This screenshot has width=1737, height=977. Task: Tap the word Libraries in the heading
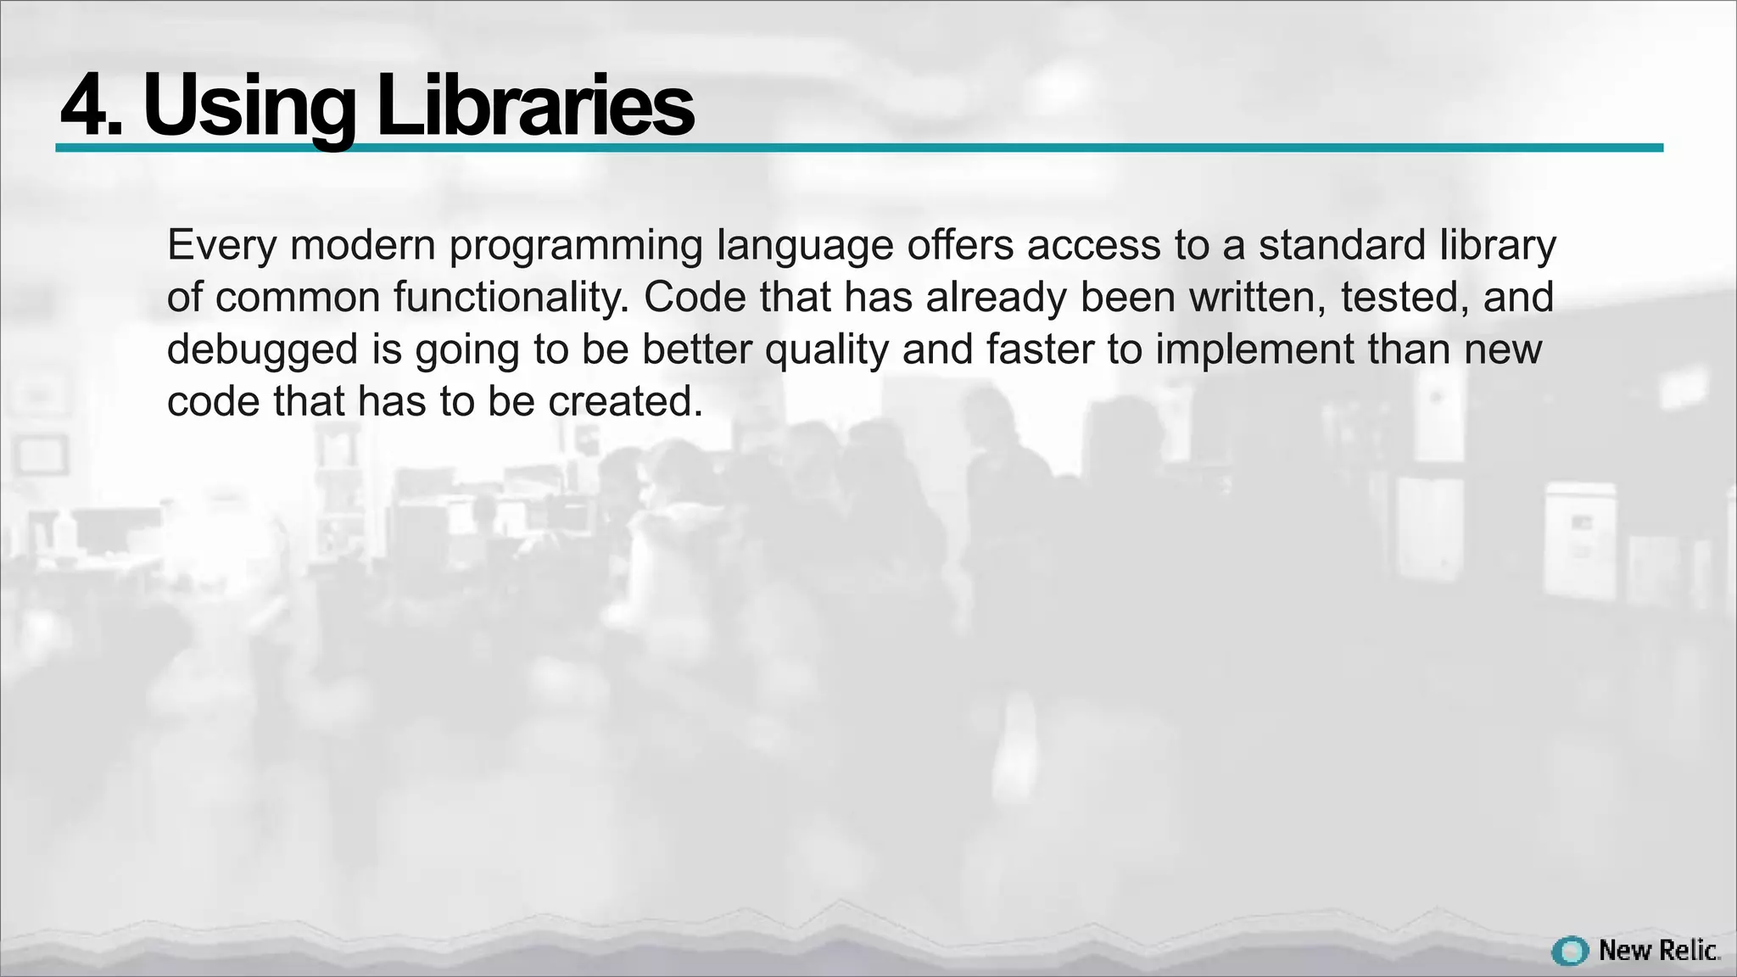[534, 105]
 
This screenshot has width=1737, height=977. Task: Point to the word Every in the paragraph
[221, 246]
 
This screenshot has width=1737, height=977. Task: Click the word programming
[576, 246]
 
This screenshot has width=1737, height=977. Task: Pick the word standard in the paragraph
[1342, 245]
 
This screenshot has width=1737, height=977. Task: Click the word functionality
[511, 298]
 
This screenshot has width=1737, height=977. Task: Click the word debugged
[262, 350]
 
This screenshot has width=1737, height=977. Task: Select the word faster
[1040, 349]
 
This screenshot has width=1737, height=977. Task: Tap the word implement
[1254, 350]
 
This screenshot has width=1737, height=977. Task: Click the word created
[626, 402]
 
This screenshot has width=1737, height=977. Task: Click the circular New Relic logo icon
[1570, 952]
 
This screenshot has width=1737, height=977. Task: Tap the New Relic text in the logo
[1658, 951]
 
